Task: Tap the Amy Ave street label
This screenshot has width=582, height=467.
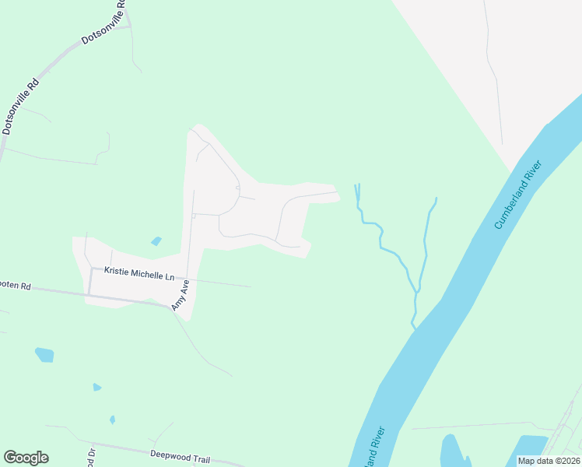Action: pos(180,297)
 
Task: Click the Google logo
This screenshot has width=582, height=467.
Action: pos(26,458)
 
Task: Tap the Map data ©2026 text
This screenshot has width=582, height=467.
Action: pos(549,461)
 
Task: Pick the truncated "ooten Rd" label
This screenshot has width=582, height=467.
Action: pos(15,286)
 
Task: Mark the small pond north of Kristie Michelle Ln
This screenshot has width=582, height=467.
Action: pos(157,241)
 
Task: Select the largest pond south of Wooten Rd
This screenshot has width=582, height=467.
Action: pos(44,355)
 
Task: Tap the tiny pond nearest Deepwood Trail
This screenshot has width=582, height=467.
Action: pos(113,420)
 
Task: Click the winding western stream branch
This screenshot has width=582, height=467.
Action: pos(380,237)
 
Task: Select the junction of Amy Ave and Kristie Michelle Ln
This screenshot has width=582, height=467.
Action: pos(188,277)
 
